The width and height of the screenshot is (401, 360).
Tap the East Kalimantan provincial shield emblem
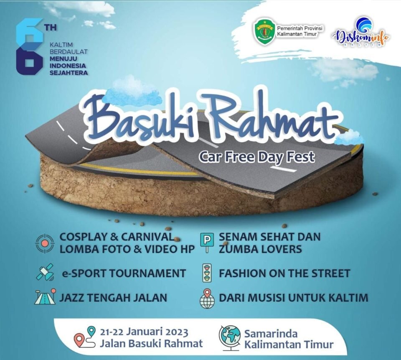coord(264,33)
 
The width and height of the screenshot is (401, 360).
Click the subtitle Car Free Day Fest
coord(257,157)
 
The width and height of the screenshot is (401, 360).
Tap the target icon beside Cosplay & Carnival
coord(45,243)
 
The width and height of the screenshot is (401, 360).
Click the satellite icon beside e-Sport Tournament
coord(45,272)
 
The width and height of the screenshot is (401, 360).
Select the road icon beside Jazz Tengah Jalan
coord(45,297)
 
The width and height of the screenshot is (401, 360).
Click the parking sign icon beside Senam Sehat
coord(208,243)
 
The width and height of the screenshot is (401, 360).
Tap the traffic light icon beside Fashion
coord(208,273)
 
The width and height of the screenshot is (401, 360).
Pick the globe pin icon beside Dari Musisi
coord(207,299)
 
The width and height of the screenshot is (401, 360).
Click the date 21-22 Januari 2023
coord(144,332)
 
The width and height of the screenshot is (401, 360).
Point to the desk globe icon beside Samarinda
coord(230,338)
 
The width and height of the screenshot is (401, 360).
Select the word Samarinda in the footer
coord(271,334)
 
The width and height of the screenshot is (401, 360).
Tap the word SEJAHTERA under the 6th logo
coord(69,73)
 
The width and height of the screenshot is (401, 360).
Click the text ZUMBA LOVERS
coord(260,249)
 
